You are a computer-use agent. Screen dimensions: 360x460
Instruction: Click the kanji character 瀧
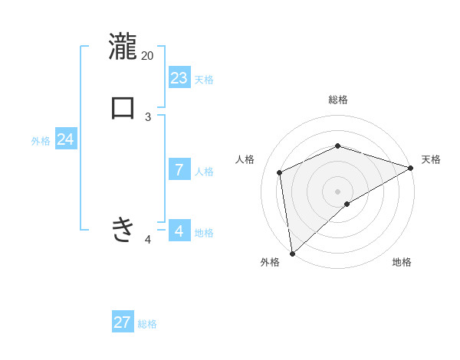(x=123, y=46)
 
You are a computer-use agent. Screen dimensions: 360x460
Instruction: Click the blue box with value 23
(x=179, y=78)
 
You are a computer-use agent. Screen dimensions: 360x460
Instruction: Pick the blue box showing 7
(x=179, y=170)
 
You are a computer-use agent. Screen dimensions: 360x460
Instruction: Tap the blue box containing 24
(x=66, y=140)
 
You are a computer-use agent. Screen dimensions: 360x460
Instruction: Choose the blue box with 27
(x=123, y=322)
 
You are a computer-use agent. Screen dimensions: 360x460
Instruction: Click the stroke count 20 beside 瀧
(x=148, y=55)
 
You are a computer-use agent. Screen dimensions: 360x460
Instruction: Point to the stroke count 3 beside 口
(x=148, y=116)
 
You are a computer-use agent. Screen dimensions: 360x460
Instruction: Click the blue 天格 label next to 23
(x=204, y=80)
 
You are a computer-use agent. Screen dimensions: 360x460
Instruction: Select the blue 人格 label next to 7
(x=204, y=172)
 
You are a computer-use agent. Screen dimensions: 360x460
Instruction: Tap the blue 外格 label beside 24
(x=41, y=141)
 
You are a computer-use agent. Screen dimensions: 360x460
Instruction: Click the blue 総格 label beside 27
(x=147, y=324)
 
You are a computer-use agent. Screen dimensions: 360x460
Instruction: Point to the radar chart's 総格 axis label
(x=338, y=100)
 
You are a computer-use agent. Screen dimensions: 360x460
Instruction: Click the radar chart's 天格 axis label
(x=431, y=159)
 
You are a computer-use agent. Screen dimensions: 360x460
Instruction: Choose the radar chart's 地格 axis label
(x=402, y=263)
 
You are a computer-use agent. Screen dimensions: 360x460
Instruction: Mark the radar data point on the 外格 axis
(x=292, y=253)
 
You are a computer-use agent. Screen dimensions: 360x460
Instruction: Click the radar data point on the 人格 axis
(x=280, y=172)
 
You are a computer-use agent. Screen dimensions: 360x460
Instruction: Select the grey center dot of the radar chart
(x=338, y=191)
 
